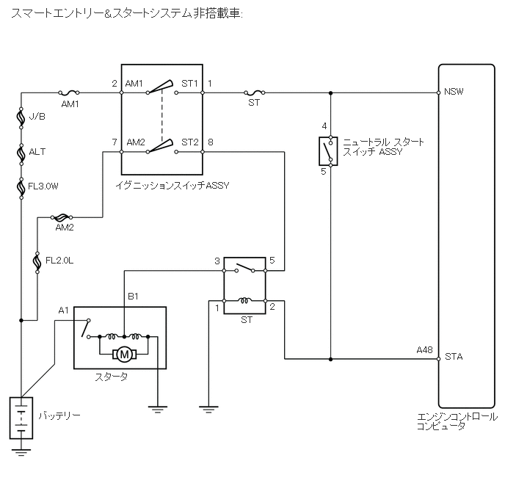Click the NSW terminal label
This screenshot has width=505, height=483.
454,92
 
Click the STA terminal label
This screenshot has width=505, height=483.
453,357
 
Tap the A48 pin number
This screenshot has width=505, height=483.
424,350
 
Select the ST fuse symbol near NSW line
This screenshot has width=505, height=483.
255,92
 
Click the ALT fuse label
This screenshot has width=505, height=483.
37,152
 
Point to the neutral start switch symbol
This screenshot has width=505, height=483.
324,151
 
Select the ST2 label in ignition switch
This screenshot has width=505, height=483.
190,142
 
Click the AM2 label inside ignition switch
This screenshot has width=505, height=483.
136,142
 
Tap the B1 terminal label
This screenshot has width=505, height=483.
134,297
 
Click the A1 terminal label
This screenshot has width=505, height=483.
64,310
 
